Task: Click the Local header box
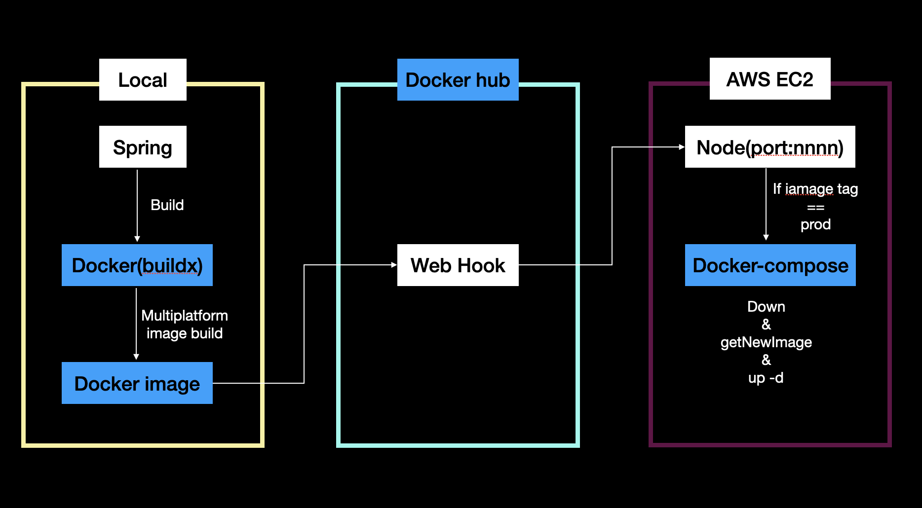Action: (x=143, y=80)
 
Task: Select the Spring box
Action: (x=143, y=147)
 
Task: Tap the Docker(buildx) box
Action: (x=137, y=265)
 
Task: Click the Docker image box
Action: (x=137, y=383)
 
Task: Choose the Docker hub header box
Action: (x=458, y=80)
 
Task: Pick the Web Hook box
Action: (x=458, y=265)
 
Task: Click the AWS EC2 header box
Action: (x=769, y=79)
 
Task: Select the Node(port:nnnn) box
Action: (x=769, y=147)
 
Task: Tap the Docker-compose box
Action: (x=770, y=265)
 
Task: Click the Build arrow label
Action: (x=167, y=205)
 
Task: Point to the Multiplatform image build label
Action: (x=184, y=325)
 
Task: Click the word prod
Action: (x=815, y=224)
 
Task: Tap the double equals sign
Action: (x=815, y=208)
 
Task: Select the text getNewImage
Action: (x=766, y=342)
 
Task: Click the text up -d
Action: (x=766, y=378)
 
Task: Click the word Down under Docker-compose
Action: (x=766, y=307)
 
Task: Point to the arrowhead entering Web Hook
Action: (x=394, y=265)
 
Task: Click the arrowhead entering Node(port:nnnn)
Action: (x=682, y=147)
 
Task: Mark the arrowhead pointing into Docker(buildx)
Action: (x=137, y=239)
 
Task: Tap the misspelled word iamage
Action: (x=809, y=189)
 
